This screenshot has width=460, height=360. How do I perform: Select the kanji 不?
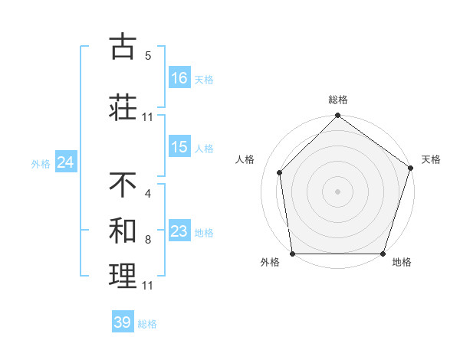123,185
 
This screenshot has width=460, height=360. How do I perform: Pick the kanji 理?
123,276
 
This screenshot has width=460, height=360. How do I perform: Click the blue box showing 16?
179,78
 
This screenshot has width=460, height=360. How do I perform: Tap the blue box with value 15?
179,148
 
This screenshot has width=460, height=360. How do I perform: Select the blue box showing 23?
179,231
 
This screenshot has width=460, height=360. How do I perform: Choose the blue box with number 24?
65,162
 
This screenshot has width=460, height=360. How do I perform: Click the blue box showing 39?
123,322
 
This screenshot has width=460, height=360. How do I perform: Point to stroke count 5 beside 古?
148,56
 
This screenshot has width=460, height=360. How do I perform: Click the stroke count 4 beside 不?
148,193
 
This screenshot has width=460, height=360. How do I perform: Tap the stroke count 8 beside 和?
148,240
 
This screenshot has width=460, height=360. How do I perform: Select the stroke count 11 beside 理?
148,286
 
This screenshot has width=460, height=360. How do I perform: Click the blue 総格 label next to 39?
147,324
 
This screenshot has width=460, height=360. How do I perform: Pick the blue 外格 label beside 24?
41,164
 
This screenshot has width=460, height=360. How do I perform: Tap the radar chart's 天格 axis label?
431,159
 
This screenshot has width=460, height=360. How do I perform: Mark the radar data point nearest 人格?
280,172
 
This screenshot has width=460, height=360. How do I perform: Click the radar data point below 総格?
337,116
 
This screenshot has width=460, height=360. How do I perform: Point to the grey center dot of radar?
337,191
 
